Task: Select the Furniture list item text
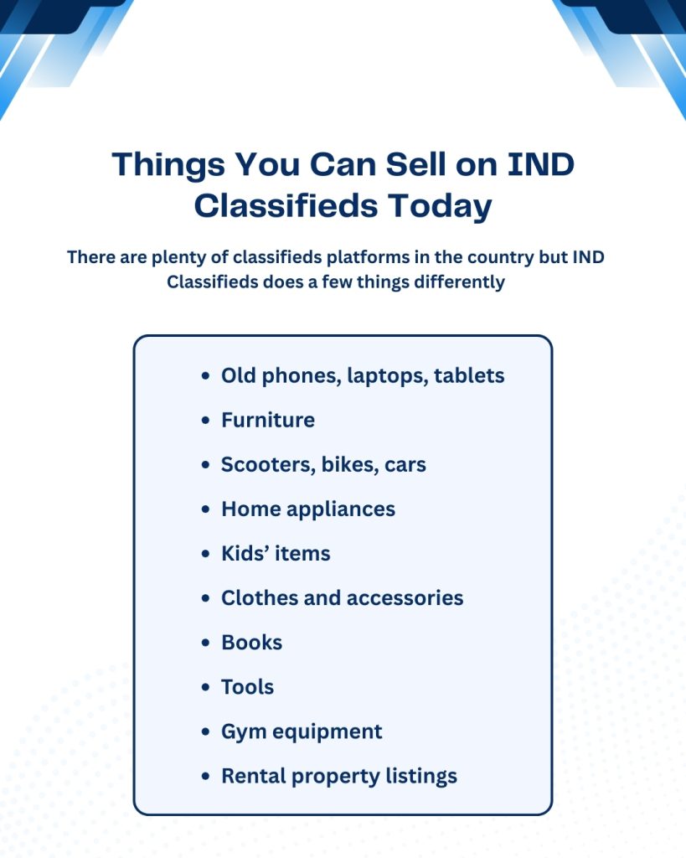(268, 420)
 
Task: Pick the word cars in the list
(405, 464)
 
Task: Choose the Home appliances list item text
(308, 509)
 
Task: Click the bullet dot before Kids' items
(206, 554)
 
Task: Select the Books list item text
(251, 643)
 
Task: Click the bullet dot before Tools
(206, 688)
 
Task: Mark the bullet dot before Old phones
(206, 376)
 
